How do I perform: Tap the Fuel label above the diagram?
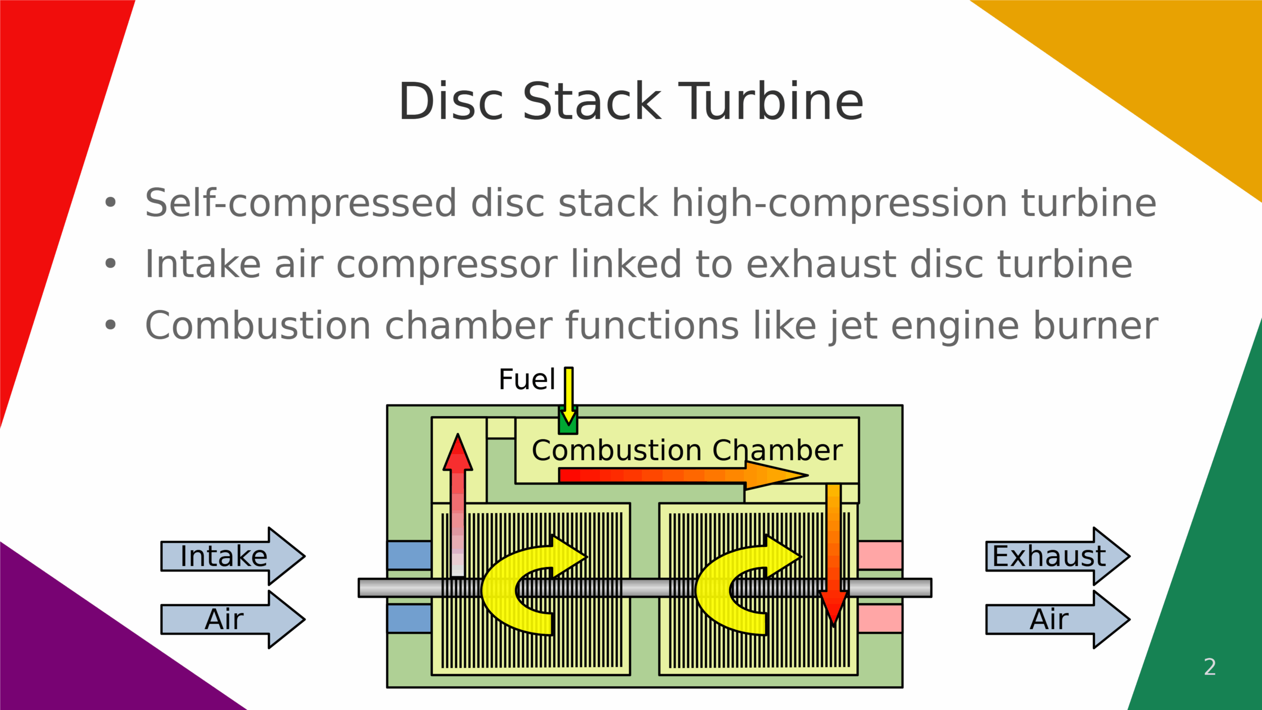[526, 380]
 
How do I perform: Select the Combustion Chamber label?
[687, 450]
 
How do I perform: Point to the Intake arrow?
[232, 556]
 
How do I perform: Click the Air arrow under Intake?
[232, 619]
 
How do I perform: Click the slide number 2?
[1209, 667]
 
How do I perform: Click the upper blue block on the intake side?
[409, 555]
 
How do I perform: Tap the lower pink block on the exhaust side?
[880, 618]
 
